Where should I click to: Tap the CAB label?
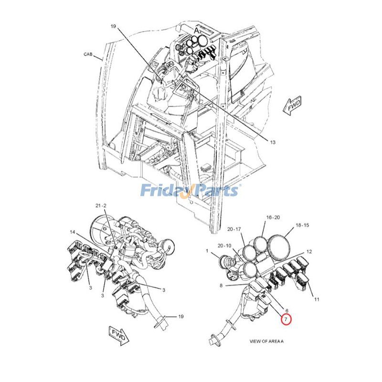[x=88, y=54]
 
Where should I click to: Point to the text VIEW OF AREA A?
[x=266, y=341]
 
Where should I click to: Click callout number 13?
[x=273, y=142]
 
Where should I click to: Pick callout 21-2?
[x=101, y=206]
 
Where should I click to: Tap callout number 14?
[x=73, y=232]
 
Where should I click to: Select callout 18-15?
[x=302, y=225]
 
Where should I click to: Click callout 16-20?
[x=273, y=217]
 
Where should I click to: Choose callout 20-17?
[x=234, y=229]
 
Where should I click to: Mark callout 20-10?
[x=224, y=246]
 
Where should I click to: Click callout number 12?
[x=309, y=252]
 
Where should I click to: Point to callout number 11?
[x=317, y=299]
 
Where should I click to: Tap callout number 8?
[x=221, y=285]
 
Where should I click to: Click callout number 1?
[x=207, y=251]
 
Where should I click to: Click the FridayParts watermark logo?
[x=190, y=190]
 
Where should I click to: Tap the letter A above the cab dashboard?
[x=196, y=31]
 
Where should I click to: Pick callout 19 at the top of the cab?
[x=113, y=26]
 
